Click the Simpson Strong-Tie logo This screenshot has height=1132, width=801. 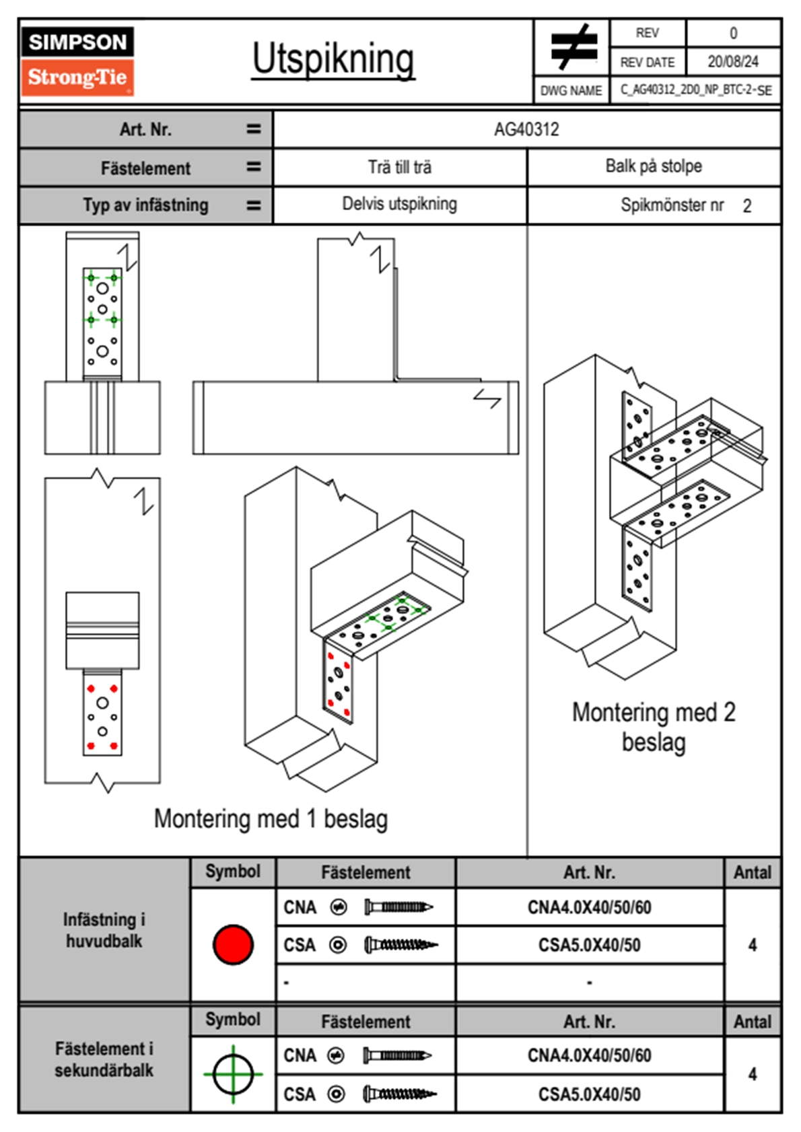point(77,61)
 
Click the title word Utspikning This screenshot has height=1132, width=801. point(333,59)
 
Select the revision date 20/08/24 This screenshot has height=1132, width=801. point(732,62)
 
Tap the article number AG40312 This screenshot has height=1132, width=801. point(526,129)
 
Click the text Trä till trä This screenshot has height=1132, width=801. point(400,167)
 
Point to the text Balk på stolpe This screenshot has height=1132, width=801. point(654,166)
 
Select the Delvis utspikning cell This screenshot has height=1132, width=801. point(400,204)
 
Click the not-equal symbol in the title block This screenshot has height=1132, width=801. point(572,47)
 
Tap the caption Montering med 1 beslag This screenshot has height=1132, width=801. point(271,819)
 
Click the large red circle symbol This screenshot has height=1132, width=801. point(233,944)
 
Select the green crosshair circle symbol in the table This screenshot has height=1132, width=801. point(233,1074)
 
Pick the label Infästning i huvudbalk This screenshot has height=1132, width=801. point(104,930)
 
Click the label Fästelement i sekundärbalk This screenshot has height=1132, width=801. point(104,1059)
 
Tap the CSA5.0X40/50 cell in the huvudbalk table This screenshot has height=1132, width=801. point(589,946)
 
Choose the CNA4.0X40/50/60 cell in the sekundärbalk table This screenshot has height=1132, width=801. point(589,1055)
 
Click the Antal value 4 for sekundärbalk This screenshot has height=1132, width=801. point(753,1074)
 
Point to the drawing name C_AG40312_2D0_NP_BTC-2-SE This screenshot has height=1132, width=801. point(696,90)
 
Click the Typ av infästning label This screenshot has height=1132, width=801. point(145,205)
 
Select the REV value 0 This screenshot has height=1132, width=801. point(733,33)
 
